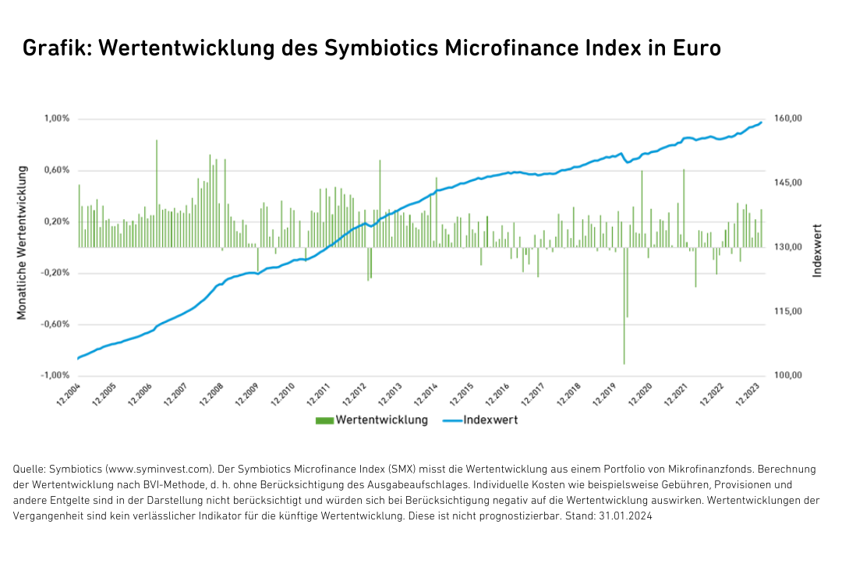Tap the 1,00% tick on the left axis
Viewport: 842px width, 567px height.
click(x=57, y=119)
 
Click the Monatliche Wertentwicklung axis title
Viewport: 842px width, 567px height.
click(x=23, y=242)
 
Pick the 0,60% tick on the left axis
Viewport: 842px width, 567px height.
click(x=57, y=170)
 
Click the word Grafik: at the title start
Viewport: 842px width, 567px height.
click(x=57, y=48)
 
